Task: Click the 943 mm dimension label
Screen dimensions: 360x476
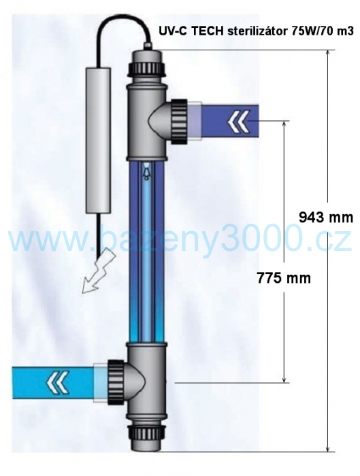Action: [326, 218]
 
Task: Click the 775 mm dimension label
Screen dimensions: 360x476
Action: [284, 277]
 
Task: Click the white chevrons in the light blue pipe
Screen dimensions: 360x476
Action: [58, 382]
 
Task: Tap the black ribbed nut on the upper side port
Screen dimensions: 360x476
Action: [179, 122]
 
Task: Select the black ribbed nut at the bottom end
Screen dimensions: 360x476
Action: [146, 433]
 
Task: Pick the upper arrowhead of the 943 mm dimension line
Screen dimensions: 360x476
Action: [328, 53]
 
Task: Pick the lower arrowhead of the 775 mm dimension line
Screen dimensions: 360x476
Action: [284, 379]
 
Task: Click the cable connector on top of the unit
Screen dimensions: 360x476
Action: [148, 46]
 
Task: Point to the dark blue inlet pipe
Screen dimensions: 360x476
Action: [229, 122]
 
